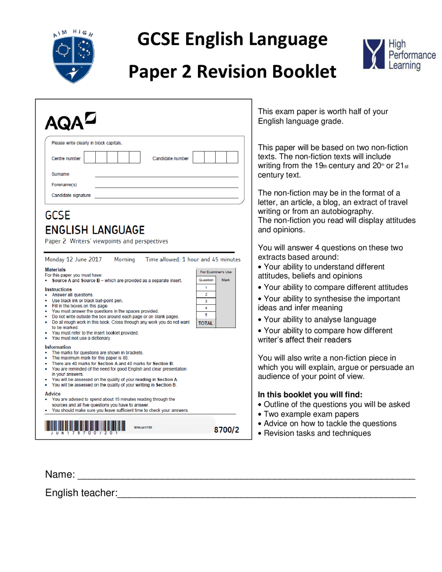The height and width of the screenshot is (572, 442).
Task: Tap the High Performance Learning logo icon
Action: (x=373, y=54)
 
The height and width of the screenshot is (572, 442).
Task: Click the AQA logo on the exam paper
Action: (x=70, y=121)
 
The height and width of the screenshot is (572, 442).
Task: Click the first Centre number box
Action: (x=90, y=157)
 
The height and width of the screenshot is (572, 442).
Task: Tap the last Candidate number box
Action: (x=232, y=157)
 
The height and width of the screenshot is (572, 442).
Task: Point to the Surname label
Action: (x=60, y=174)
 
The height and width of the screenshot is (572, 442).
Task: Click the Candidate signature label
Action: (x=71, y=195)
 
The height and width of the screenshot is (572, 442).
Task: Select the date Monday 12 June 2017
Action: (x=73, y=259)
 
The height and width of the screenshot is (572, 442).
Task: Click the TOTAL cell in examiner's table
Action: (x=205, y=323)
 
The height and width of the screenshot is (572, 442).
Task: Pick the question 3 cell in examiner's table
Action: (x=206, y=301)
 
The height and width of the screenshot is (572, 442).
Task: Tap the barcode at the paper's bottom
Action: (x=85, y=426)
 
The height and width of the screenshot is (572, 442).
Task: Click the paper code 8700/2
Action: (x=226, y=430)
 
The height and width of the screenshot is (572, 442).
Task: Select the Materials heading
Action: (x=55, y=270)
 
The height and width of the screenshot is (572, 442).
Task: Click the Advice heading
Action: (x=52, y=394)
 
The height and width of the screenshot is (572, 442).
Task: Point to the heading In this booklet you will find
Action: (x=310, y=394)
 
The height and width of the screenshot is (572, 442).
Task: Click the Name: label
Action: (x=60, y=474)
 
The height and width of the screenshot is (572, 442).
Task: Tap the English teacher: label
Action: (x=81, y=493)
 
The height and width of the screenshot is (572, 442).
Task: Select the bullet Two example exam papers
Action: (x=311, y=414)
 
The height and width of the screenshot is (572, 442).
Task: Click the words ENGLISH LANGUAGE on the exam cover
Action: (x=95, y=230)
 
